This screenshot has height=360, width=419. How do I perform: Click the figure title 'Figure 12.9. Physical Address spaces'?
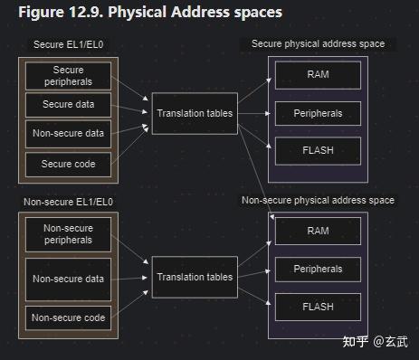pos(150,13)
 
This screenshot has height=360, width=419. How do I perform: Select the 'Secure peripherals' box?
pos(68,76)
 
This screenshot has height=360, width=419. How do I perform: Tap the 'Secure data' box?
pos(68,105)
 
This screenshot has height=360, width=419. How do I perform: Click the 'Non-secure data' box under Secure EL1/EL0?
pos(68,134)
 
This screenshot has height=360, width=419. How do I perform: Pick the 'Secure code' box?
pos(68,165)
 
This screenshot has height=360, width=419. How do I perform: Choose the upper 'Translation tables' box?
pos(195,113)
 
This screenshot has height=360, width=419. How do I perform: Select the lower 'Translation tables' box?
pos(195,277)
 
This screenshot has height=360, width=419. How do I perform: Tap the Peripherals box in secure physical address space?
pos(318,114)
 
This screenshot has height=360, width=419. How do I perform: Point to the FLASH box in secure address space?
pos(318,149)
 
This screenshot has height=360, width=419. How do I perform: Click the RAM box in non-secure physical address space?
pos(318,232)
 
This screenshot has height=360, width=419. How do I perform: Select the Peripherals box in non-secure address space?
pos(318,270)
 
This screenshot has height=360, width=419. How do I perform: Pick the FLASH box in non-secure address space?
pos(318,307)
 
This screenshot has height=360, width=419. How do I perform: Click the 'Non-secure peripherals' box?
pos(68,234)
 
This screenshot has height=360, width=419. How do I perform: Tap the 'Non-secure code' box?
pos(68,317)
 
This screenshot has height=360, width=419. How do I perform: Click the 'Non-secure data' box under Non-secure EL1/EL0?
pos(68,279)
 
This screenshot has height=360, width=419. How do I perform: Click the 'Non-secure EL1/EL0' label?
pos(68,203)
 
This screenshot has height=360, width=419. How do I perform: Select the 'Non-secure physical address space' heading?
pos(318,200)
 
